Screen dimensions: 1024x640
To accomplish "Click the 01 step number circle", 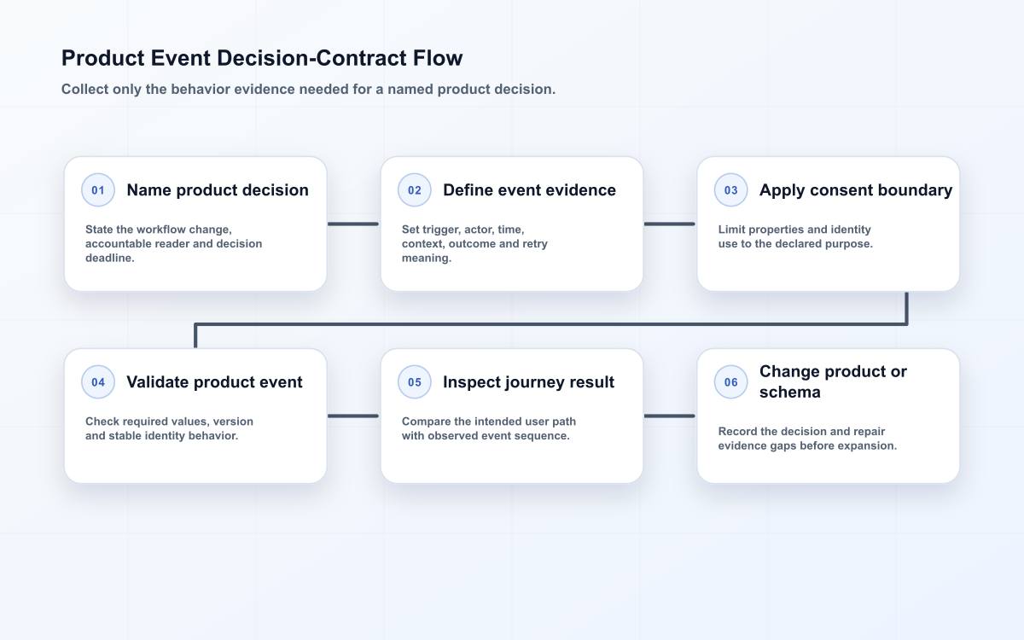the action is [98, 189].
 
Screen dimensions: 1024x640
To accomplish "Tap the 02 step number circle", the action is [414, 189].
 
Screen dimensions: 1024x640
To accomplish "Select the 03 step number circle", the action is [730, 189].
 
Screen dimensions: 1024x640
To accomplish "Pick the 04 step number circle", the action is [98, 381].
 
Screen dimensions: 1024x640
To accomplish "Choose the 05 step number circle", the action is [414, 381].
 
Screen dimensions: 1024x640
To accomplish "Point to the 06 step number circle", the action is [730, 381].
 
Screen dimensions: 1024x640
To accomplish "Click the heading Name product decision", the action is [218, 190].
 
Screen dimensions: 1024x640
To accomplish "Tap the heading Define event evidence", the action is [529, 190].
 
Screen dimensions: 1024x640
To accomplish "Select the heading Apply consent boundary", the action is [856, 190].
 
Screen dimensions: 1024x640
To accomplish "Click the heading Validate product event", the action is [214, 382].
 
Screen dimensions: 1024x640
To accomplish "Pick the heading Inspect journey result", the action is [528, 382].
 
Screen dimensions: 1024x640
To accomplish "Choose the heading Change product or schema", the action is [833, 381].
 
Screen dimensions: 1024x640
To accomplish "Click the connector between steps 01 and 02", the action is [353, 224].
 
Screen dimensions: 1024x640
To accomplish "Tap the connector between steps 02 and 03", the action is [670, 224].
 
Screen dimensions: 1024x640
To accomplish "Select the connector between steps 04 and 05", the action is [353, 416].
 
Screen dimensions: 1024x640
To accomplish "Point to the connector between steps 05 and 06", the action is [670, 416].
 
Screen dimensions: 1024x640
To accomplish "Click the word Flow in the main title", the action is [438, 58].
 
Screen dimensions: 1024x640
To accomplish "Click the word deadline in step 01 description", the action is [110, 258].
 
